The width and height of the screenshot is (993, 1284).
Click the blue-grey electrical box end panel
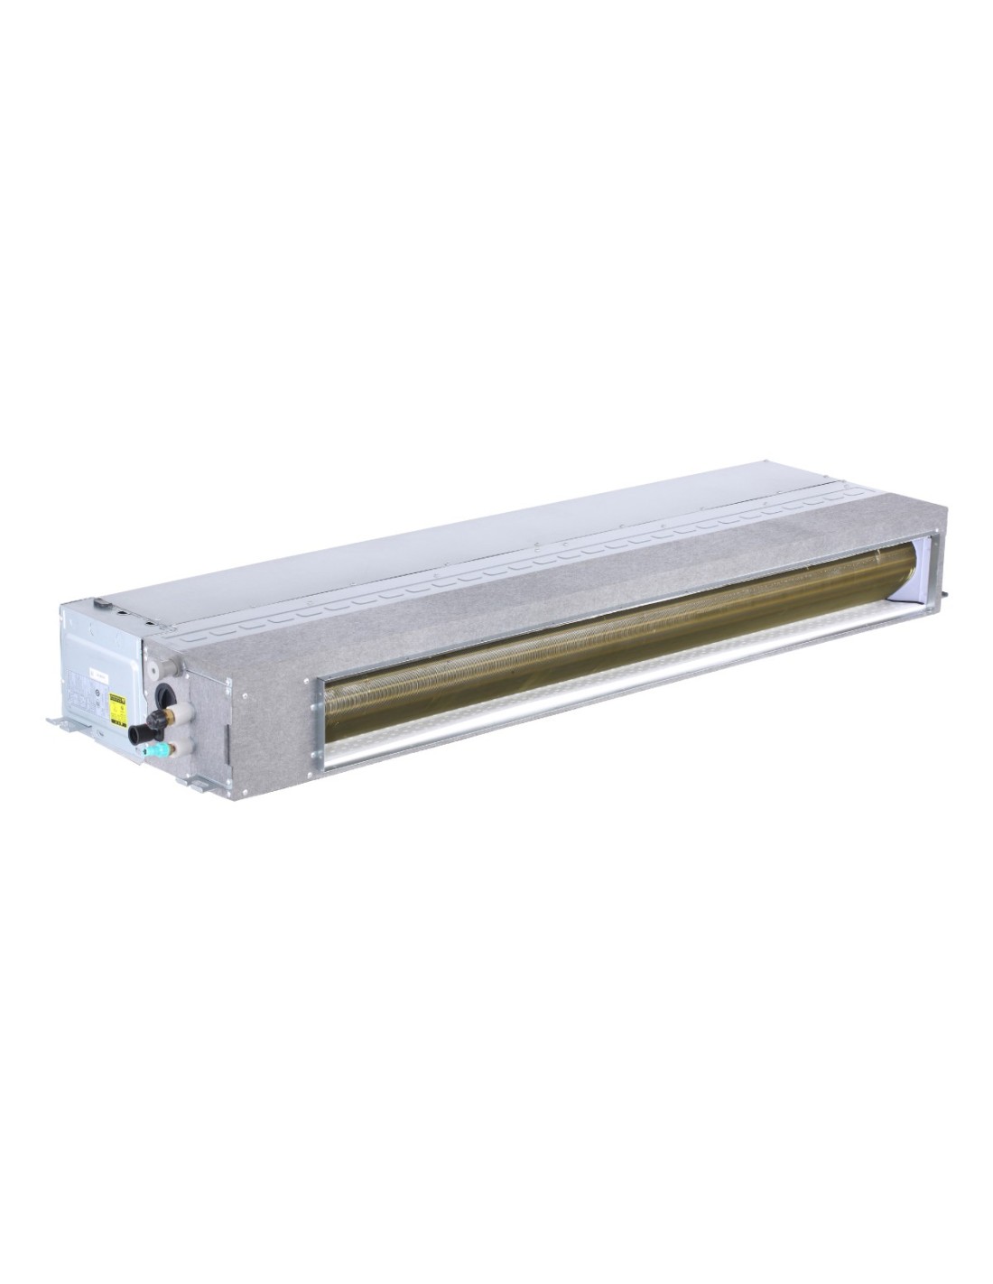coord(99,659)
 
